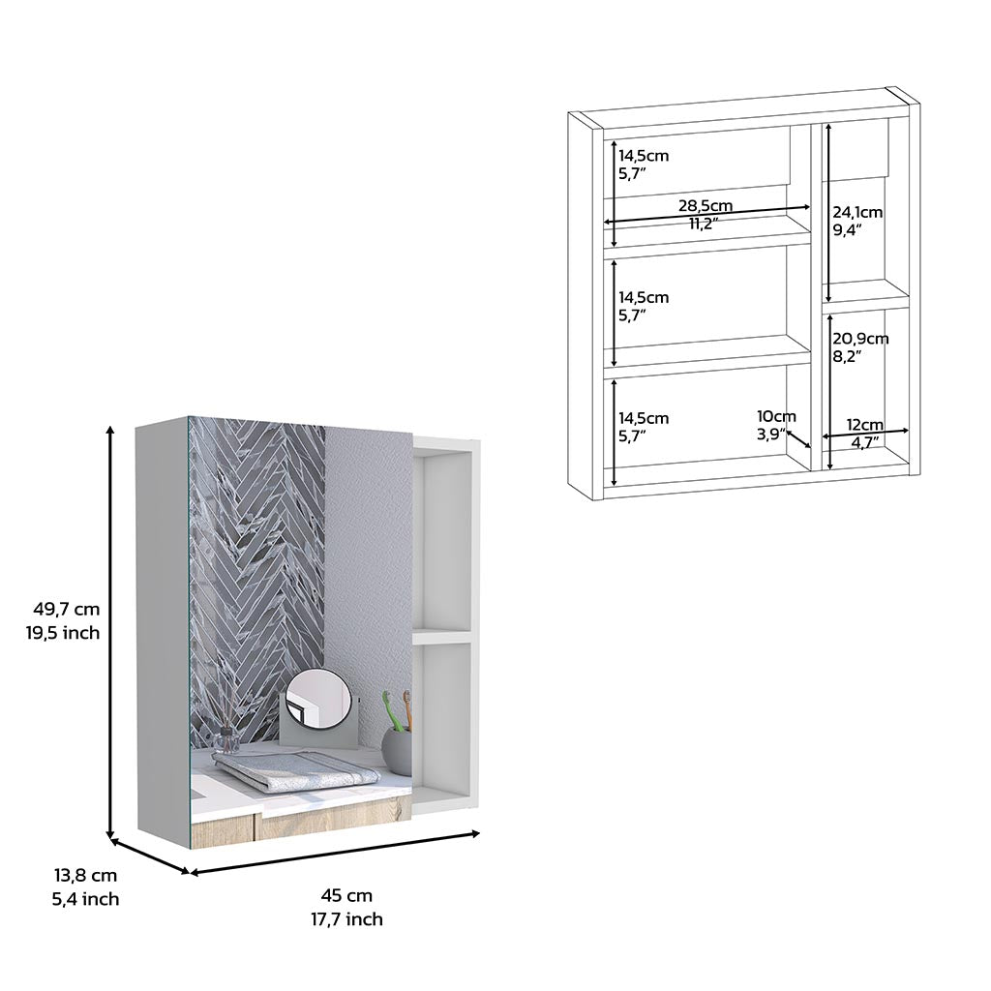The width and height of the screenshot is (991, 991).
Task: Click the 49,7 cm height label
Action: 67,610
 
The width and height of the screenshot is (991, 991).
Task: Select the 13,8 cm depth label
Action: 85,876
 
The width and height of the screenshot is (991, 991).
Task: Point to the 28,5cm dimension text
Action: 705,206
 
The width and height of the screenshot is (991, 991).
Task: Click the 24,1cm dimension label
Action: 857,212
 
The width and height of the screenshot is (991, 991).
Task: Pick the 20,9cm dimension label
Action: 860,339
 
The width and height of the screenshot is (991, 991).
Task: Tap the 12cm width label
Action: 865,424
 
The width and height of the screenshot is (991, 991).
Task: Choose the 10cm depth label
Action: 776,416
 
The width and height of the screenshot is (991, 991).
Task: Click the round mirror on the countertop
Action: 318,700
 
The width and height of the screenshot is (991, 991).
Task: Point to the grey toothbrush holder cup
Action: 397,751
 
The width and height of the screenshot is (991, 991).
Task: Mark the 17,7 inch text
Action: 346,919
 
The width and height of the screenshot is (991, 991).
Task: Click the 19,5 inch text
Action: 67,633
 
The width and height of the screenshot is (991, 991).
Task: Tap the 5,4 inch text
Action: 85,899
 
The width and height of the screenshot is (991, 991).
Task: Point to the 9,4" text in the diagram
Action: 847,230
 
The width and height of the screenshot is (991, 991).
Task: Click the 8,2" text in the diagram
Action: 847,356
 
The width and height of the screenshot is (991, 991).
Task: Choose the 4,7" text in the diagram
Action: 865,442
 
